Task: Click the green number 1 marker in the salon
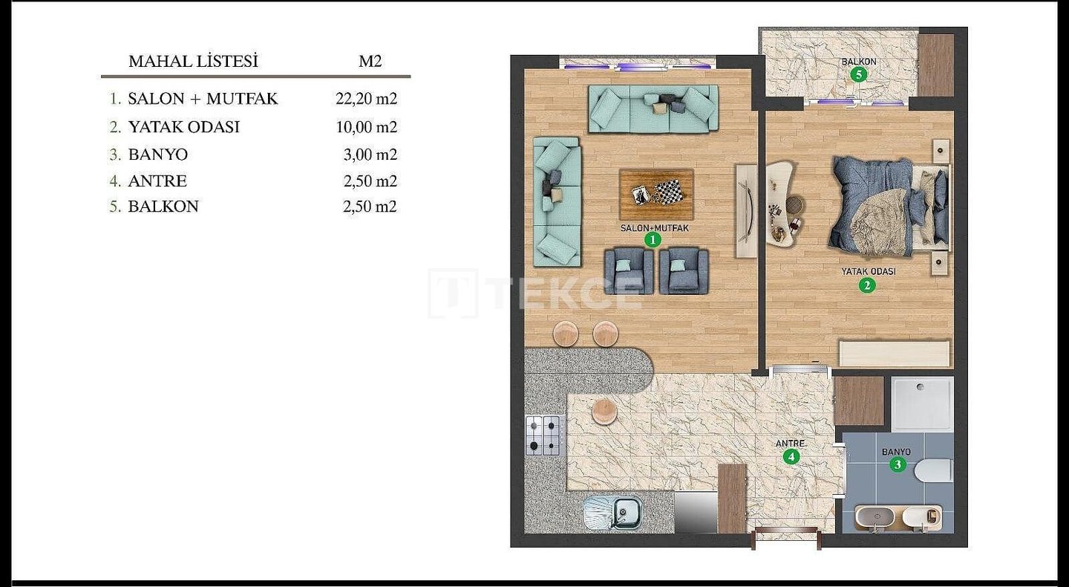(653, 240)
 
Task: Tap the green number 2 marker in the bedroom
(866, 285)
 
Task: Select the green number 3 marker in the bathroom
(898, 464)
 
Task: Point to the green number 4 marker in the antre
(791, 457)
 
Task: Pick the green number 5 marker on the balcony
(858, 74)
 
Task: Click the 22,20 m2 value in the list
(366, 99)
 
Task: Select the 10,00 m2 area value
(367, 127)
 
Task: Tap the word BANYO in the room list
(158, 155)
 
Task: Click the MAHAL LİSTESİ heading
(193, 61)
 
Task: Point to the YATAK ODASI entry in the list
(184, 127)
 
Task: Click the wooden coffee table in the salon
(656, 195)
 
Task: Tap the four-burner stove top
(543, 435)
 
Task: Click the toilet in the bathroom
(933, 471)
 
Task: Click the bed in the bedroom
(890, 207)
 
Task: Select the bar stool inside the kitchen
(604, 410)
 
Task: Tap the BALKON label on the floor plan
(858, 62)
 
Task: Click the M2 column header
(370, 61)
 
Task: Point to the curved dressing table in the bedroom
(781, 204)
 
